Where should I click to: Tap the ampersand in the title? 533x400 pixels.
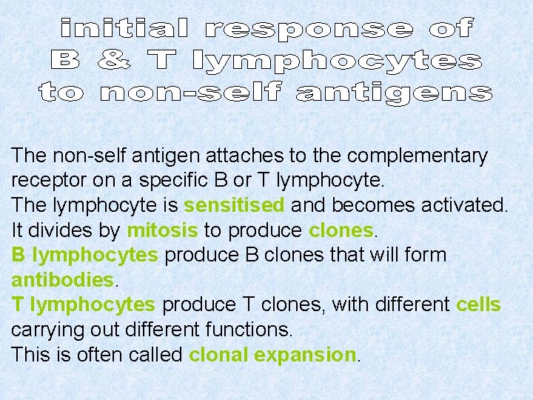pos(113,61)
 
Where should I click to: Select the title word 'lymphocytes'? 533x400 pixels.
pos(335,61)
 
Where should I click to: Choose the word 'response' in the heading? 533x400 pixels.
pos(309,29)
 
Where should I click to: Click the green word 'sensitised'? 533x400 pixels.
pos(234,205)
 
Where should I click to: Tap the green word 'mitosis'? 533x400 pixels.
pos(162,230)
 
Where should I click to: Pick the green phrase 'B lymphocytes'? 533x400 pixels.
pos(84,255)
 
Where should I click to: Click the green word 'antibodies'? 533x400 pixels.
pos(63,280)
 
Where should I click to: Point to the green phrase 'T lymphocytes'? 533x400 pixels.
pos(84,304)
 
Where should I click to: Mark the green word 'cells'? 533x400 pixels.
pos(478,304)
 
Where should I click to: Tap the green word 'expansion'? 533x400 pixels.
pos(305,355)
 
